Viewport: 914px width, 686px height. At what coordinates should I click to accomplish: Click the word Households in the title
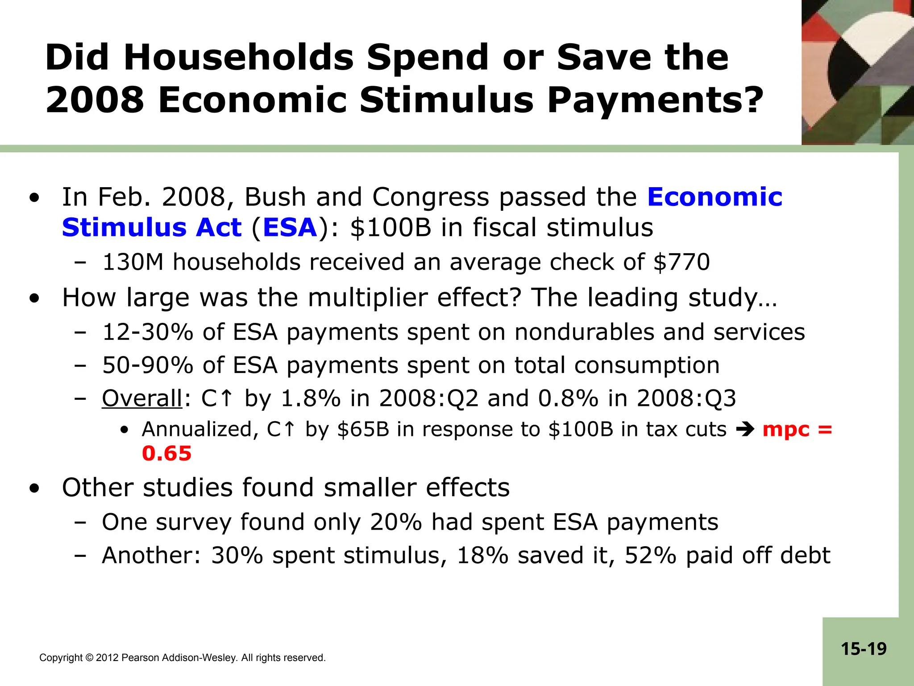(238, 58)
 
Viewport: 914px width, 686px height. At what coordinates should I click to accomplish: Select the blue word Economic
(715, 197)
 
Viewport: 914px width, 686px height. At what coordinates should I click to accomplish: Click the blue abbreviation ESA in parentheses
(290, 228)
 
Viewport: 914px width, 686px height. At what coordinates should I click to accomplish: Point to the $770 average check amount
(681, 262)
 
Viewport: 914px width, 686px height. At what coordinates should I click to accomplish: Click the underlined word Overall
(142, 398)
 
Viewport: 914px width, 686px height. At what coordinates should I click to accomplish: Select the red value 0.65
(166, 454)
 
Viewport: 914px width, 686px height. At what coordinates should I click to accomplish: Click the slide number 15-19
(864, 649)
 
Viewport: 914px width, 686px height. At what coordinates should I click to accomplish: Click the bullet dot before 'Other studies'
(34, 488)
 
